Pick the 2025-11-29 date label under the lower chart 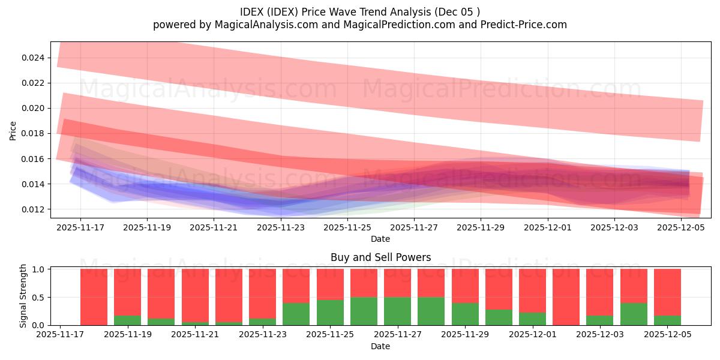click(x=464, y=335)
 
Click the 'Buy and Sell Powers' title click(x=380, y=257)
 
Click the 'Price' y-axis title click(x=13, y=130)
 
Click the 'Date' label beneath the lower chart click(x=380, y=346)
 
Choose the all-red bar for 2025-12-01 click(x=566, y=297)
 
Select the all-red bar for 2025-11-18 click(x=94, y=297)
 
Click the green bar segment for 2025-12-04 click(x=634, y=314)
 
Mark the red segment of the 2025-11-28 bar click(x=431, y=283)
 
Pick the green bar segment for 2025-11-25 click(x=330, y=312)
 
